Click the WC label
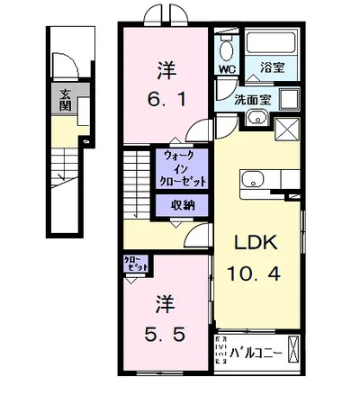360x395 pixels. (x=228, y=69)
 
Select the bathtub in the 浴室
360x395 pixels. (x=271, y=42)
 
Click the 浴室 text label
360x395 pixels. (x=273, y=67)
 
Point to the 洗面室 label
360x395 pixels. (x=253, y=100)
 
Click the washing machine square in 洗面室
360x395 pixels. (x=290, y=100)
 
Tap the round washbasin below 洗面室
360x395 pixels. (x=257, y=117)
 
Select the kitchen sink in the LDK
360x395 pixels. (x=253, y=179)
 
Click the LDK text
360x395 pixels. (x=256, y=243)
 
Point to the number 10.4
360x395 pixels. (x=254, y=274)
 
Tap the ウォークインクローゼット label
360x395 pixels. (x=182, y=169)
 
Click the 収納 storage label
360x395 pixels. (x=183, y=205)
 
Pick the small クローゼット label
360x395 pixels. (x=136, y=264)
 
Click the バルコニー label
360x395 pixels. (x=256, y=354)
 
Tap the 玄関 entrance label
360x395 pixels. (x=65, y=100)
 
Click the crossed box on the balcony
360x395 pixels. (x=294, y=349)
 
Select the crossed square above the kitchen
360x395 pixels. (x=287, y=129)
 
